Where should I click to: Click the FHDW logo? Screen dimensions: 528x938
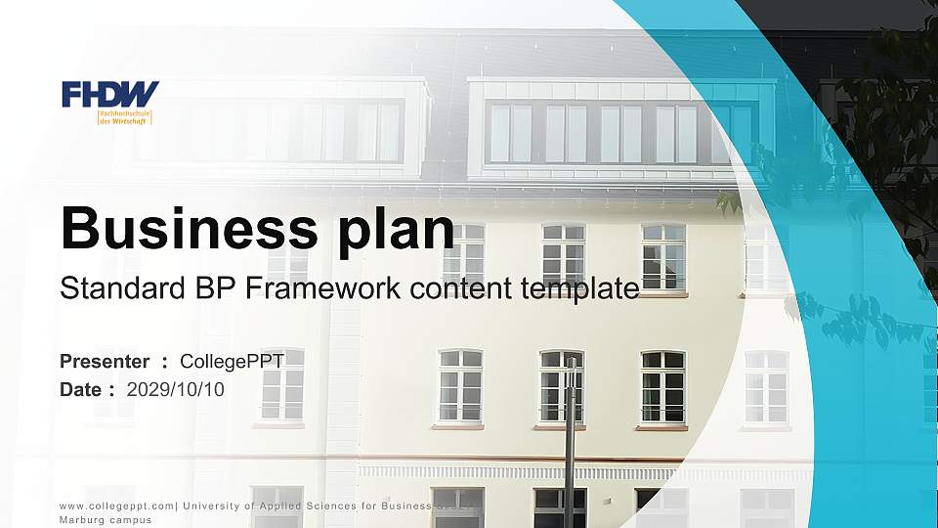pyautogui.click(x=109, y=95)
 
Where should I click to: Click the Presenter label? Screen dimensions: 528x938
pyautogui.click(x=105, y=362)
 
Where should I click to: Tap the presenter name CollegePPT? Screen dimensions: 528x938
pyautogui.click(x=232, y=362)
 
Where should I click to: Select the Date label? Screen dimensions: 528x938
pyautogui.click(x=81, y=389)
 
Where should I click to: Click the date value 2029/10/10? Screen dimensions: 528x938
pyautogui.click(x=176, y=389)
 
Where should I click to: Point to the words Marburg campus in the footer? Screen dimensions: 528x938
pyautogui.click(x=106, y=520)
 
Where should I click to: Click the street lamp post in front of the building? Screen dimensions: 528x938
pyautogui.click(x=570, y=440)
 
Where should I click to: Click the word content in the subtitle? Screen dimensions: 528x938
pyautogui.click(x=448, y=288)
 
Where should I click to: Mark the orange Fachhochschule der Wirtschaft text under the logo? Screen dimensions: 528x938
pyautogui.click(x=125, y=117)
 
